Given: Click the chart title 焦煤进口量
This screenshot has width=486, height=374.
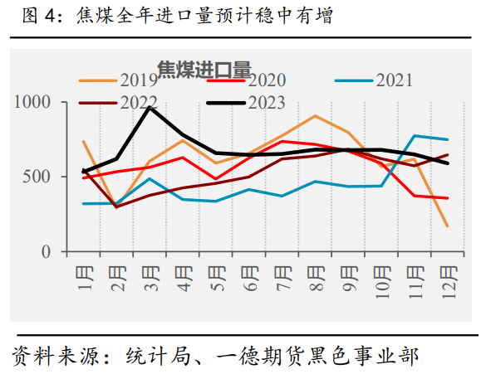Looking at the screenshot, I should click(x=204, y=70).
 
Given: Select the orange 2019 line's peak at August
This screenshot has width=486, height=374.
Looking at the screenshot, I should click(x=315, y=116).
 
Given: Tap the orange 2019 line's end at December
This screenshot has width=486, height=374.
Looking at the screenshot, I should click(x=447, y=226).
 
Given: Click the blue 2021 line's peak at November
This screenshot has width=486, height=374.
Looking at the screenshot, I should click(x=415, y=135).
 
